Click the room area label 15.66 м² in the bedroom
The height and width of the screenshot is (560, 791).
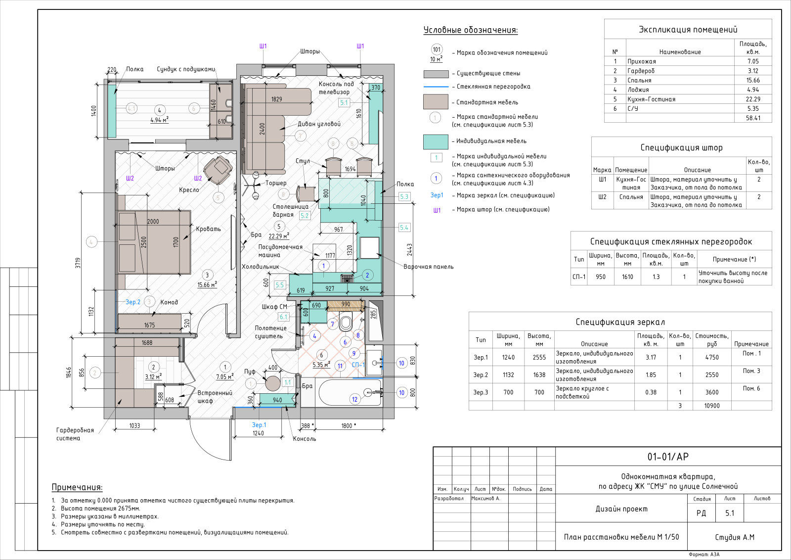coord(207,285)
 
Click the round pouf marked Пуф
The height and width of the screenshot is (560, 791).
coord(272,383)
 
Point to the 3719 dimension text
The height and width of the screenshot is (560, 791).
coord(78,263)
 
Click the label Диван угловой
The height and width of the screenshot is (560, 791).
coord(319,124)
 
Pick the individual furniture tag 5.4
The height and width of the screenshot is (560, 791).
coord(404,228)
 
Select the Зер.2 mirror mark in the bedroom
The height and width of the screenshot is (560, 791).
coord(133,302)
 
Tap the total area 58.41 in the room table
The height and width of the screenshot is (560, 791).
coord(753,118)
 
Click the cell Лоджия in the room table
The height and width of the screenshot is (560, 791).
coord(638,90)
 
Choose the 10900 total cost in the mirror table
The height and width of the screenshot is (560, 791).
coord(711,406)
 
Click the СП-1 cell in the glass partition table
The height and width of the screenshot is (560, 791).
coord(579,277)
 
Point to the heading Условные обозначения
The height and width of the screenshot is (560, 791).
coord(470,30)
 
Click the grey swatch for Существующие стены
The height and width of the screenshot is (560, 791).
coord(436,74)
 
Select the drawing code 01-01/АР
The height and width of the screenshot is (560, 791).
coord(668,457)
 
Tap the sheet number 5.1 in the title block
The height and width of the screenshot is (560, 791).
coord(730,513)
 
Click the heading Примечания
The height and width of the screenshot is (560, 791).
coord(77,487)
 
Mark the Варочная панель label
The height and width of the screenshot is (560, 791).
coord(428,267)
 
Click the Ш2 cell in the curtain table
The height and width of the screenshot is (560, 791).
coord(602,197)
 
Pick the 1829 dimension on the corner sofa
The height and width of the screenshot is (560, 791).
coord(276,99)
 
